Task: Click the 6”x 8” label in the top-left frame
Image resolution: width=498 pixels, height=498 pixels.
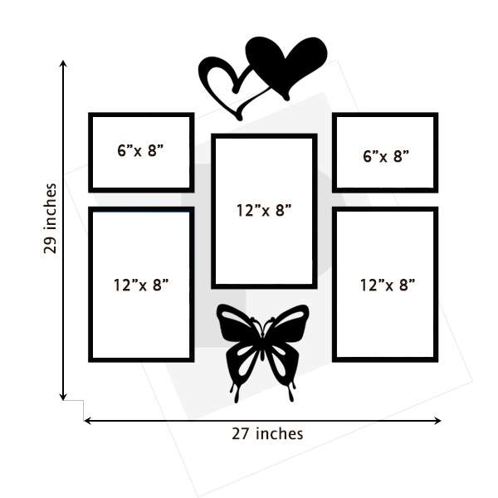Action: tap(140, 150)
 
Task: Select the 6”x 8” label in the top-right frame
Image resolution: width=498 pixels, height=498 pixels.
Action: tap(386, 156)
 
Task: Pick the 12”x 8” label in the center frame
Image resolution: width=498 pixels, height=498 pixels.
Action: tap(264, 210)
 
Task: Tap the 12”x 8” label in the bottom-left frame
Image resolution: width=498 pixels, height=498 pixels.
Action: tap(141, 285)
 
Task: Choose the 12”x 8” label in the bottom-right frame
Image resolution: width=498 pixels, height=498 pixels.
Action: tap(388, 285)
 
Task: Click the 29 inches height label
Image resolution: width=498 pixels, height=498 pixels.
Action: tap(50, 218)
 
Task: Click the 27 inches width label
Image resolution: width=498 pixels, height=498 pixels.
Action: tap(267, 433)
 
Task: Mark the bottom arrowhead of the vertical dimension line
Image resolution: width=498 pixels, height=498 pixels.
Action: tap(64, 397)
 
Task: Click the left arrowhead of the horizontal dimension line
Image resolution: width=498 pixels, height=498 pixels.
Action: tap(87, 421)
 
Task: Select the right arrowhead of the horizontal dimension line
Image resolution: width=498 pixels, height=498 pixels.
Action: tap(438, 421)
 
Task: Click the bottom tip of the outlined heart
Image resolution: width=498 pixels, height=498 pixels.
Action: tap(239, 119)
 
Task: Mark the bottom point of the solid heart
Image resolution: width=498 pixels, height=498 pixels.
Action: tap(286, 99)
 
